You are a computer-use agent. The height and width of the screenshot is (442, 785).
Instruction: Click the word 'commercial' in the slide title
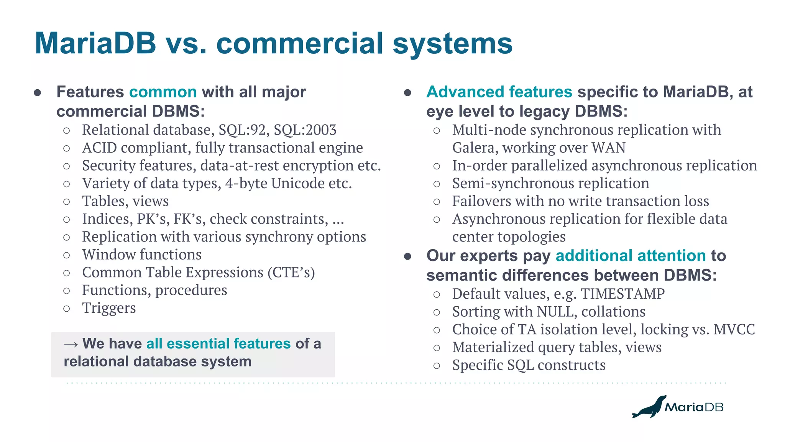pos(299,43)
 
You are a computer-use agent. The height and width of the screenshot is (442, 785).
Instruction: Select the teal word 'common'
pos(163,92)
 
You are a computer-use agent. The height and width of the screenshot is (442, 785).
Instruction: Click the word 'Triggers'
pos(109,308)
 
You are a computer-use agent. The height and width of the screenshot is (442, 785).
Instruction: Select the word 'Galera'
pos(475,148)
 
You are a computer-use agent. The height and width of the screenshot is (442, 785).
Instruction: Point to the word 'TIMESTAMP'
pos(622,294)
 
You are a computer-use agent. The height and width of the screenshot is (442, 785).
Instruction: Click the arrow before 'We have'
pos(71,344)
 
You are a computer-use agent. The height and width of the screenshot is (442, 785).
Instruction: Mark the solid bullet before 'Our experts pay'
pos(407,256)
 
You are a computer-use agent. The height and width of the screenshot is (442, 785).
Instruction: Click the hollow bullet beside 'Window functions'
pos(67,255)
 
